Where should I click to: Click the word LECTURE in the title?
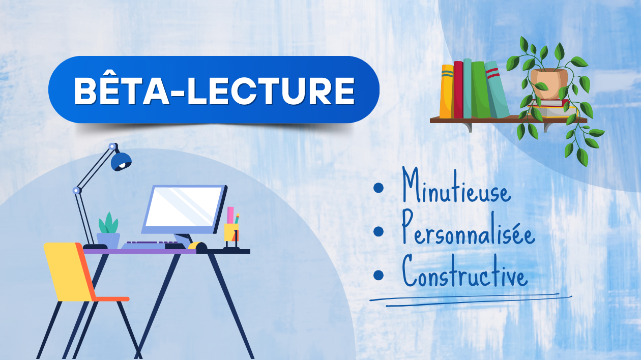[271, 92]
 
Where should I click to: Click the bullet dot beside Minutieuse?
[378, 188]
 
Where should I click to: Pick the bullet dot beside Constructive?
[378, 275]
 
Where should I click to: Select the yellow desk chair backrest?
[69, 272]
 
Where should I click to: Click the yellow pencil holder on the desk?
[231, 232]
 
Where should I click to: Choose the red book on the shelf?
[458, 90]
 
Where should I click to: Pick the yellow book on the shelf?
[447, 92]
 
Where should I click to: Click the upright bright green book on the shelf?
[481, 89]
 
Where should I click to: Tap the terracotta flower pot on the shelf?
[548, 83]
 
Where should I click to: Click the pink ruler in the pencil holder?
[230, 215]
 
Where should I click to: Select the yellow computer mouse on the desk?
[197, 246]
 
